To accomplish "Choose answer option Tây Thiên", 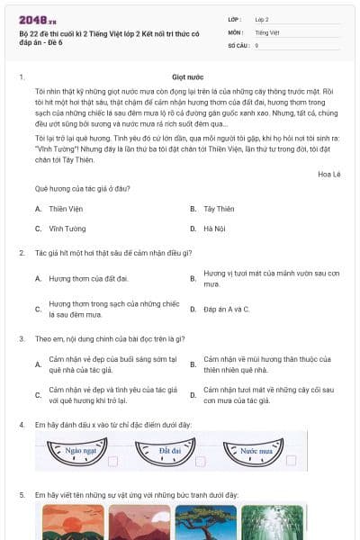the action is pyautogui.click(x=218, y=208).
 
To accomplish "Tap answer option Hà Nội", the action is pyautogui.click(x=213, y=229).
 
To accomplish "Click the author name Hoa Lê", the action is pyautogui.click(x=329, y=173).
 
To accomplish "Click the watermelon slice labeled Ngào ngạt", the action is pyautogui.click(x=76, y=451).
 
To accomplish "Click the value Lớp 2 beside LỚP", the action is pyautogui.click(x=262, y=19).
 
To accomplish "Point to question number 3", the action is pyautogui.click(x=22, y=338).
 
